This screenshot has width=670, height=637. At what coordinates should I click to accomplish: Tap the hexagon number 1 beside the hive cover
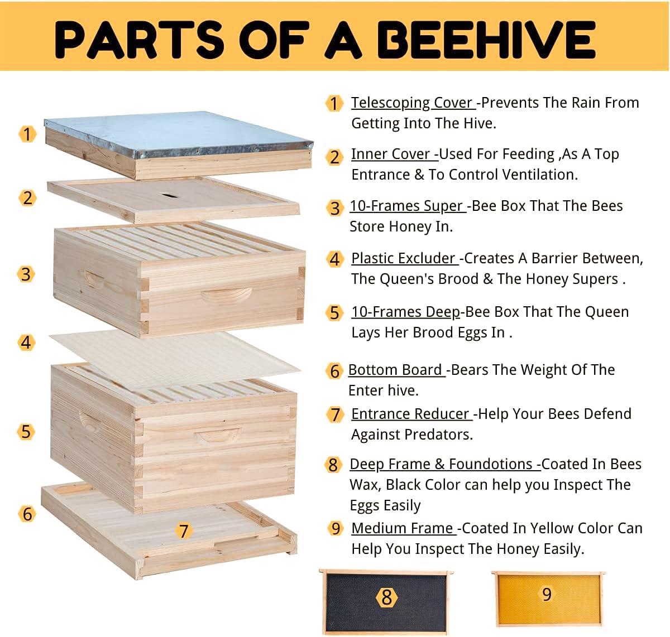click(27, 134)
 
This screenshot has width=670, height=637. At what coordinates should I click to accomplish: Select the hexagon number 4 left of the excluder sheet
click(26, 342)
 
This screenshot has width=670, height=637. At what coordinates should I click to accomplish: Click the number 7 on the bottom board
click(184, 530)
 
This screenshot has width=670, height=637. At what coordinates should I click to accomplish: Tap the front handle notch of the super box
click(226, 297)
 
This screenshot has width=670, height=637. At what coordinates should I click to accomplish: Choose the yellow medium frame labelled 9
click(547, 597)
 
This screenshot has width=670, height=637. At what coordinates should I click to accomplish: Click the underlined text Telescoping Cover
click(412, 103)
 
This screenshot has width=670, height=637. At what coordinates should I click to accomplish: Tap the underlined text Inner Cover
click(391, 154)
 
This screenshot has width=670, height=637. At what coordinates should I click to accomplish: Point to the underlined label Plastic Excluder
click(403, 258)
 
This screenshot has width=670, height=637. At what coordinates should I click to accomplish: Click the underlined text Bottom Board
click(395, 370)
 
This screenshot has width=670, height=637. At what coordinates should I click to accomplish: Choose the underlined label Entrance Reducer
click(410, 414)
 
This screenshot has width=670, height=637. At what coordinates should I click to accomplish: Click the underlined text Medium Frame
click(403, 528)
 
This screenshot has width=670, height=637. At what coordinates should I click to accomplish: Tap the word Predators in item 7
click(442, 435)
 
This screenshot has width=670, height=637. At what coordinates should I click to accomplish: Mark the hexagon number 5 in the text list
click(334, 313)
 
